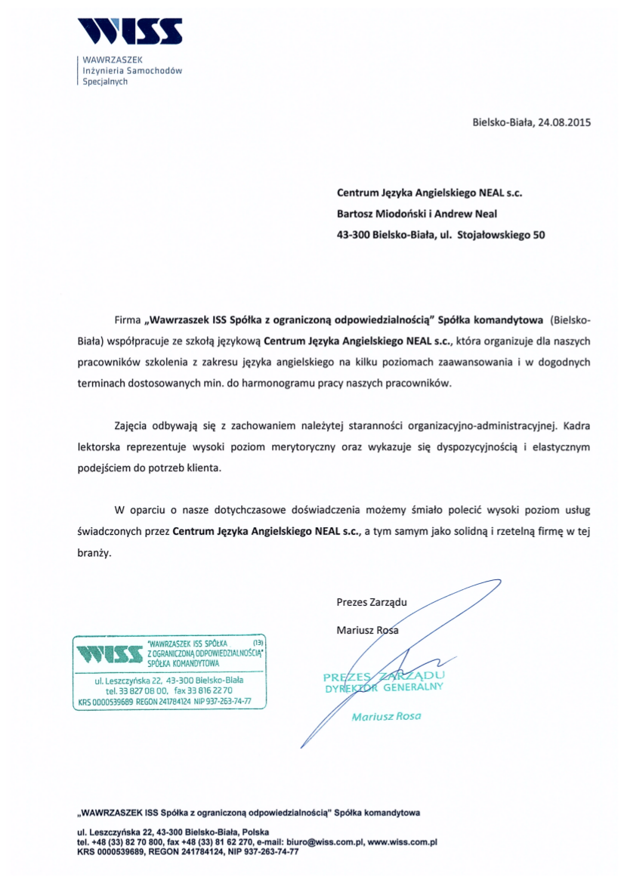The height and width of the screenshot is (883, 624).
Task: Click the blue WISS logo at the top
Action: (129, 31)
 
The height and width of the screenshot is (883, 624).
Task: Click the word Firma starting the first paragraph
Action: (128, 320)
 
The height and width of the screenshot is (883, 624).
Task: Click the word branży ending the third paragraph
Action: (94, 552)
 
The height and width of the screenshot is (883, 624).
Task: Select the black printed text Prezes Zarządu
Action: (372, 602)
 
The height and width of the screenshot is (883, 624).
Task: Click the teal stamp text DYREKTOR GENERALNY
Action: (384, 688)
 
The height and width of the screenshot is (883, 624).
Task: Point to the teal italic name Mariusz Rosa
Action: (386, 716)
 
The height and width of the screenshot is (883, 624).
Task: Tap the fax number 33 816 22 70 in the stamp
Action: (214, 690)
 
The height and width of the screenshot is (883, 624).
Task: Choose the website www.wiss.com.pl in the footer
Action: (403, 841)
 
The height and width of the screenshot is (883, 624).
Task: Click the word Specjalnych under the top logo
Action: (105, 82)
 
